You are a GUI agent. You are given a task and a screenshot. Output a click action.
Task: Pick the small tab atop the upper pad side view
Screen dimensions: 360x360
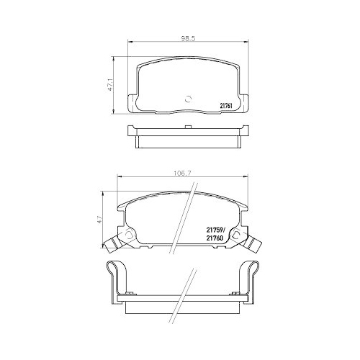[189, 127]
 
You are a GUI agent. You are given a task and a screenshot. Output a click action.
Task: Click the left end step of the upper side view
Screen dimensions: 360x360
[130, 137]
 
